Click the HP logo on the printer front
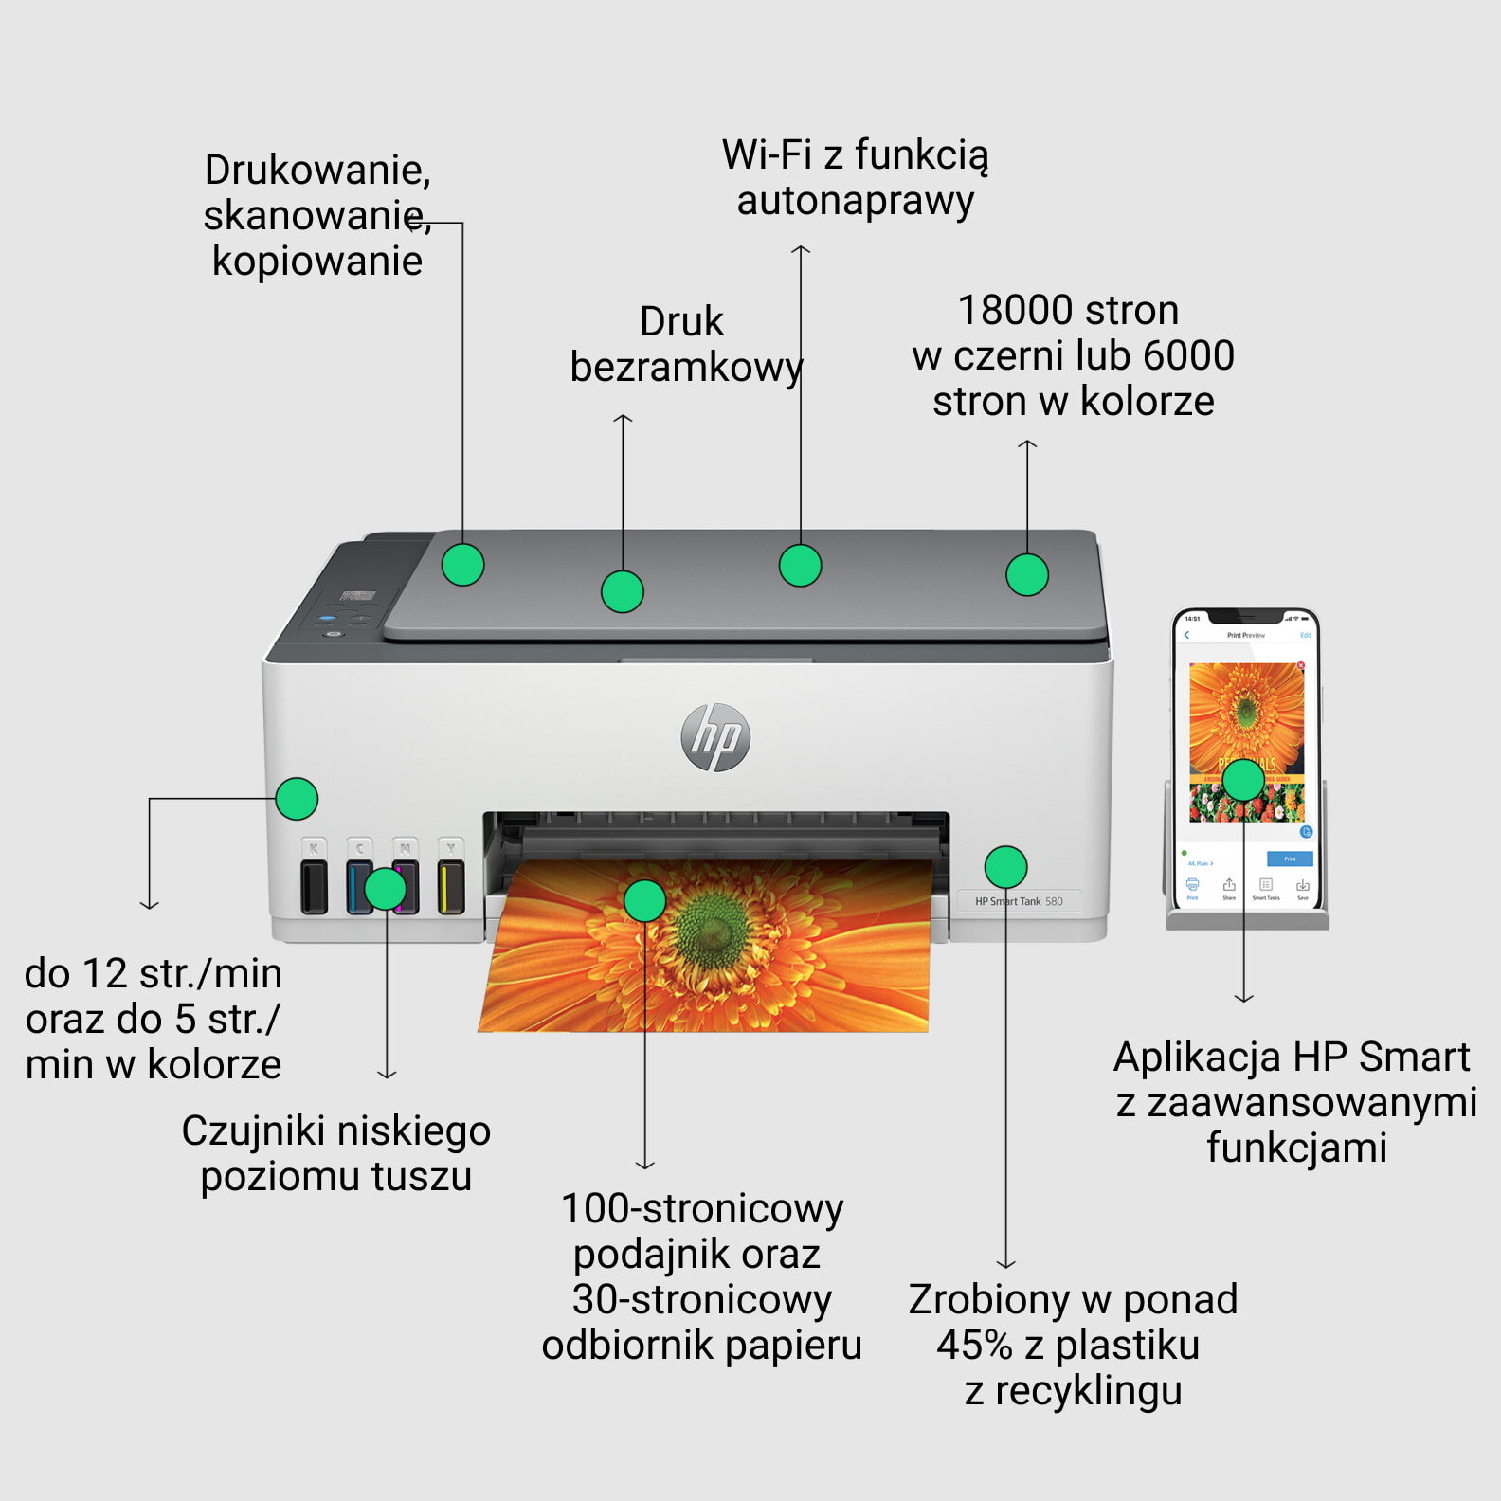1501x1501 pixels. (715, 737)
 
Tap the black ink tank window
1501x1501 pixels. (314, 887)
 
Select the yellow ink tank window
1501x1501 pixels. (451, 887)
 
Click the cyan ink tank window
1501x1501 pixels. (359, 887)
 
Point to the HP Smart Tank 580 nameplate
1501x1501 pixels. (1019, 901)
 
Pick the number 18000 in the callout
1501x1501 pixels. (1014, 311)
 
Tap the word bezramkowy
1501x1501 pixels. (686, 368)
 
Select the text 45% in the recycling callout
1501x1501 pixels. (974, 1346)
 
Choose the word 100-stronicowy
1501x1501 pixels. (702, 1209)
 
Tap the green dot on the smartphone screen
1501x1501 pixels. (1243, 780)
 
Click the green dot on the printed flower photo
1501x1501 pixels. (644, 900)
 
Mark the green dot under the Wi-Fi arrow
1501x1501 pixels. (800, 566)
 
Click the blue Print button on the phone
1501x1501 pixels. (1290, 859)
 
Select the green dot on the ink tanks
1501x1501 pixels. (385, 889)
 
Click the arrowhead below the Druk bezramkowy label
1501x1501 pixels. (623, 418)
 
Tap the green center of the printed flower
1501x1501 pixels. (716, 924)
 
